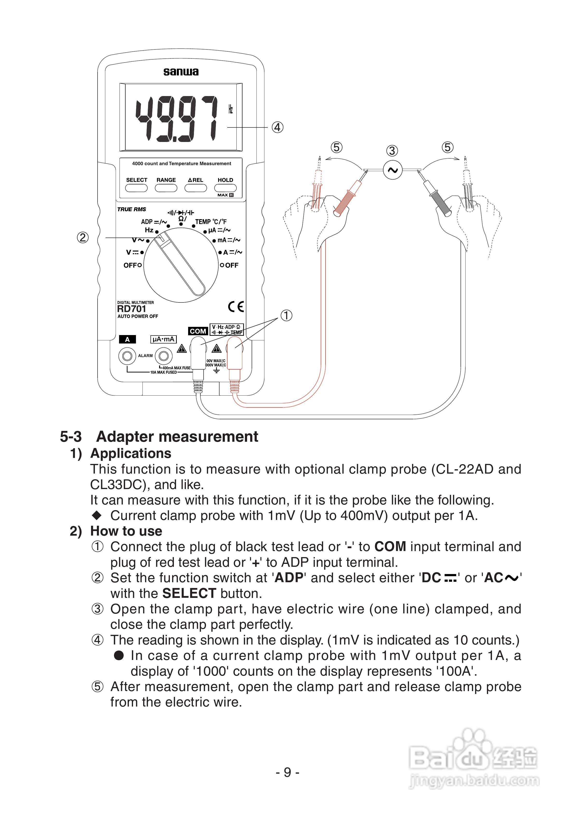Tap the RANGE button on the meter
(166, 188)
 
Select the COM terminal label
(198, 331)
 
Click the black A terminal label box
(128, 339)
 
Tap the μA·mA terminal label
(163, 339)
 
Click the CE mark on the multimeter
(236, 307)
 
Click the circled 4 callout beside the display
(277, 127)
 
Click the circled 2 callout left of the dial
(83, 237)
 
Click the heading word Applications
(131, 454)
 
